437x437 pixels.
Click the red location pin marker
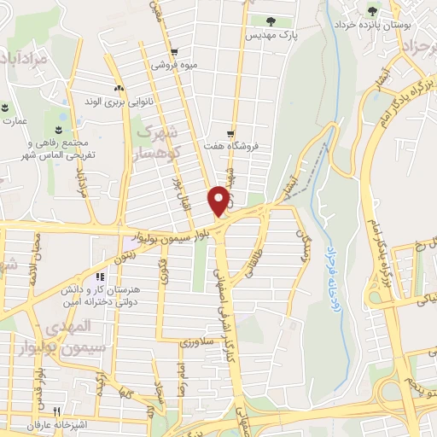tap(220, 201)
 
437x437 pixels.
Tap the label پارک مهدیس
tap(271, 36)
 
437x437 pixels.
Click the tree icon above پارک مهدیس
tap(271, 20)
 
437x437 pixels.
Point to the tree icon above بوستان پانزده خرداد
tap(371, 11)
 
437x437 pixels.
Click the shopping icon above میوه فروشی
tap(174, 50)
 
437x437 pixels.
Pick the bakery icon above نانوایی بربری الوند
tap(119, 88)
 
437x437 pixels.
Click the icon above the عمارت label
tap(6, 108)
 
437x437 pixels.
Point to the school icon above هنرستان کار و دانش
tap(99, 277)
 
